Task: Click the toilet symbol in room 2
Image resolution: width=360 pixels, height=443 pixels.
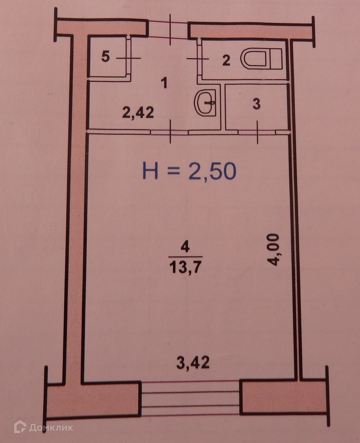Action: click(x=261, y=59)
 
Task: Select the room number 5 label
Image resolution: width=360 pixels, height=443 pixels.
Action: click(x=105, y=56)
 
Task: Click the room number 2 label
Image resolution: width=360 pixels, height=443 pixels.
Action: click(x=226, y=60)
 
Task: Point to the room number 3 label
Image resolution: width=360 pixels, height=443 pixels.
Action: click(x=257, y=104)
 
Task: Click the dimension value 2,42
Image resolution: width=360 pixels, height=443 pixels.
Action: click(x=138, y=113)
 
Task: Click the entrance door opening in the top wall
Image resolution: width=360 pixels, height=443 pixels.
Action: click(x=169, y=29)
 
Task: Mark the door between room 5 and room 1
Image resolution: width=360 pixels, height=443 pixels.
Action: click(x=129, y=58)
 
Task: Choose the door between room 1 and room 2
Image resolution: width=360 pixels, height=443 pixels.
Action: click(x=199, y=59)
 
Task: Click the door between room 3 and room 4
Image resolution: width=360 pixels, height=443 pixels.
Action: click(x=257, y=132)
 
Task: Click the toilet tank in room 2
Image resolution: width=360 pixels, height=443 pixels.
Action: click(x=276, y=59)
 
